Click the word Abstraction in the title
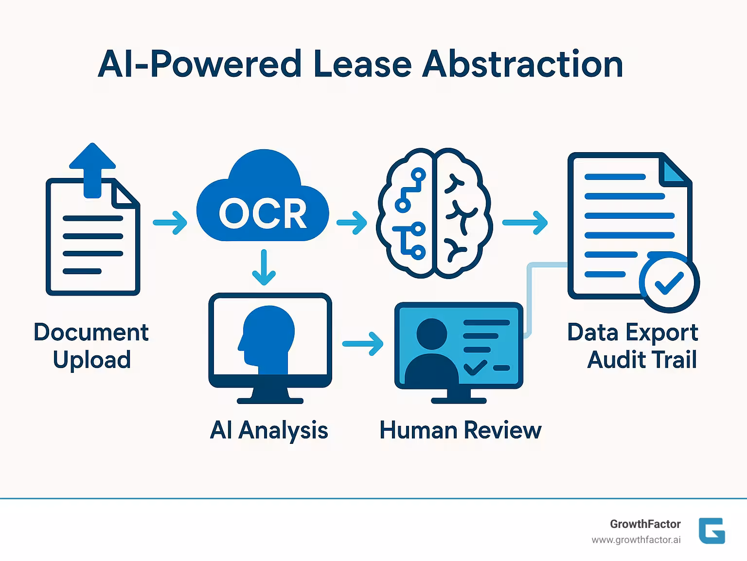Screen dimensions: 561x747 pos(522,64)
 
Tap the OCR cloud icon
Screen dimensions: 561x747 pos(263,204)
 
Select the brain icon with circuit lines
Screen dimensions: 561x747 pos(434,213)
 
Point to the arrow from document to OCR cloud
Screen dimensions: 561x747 pos(170,223)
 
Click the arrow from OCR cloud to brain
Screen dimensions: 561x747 pos(352,223)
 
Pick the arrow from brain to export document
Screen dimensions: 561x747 pos(525,223)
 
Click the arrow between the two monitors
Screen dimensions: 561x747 pos(362,344)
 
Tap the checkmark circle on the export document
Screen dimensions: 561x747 pos(669,282)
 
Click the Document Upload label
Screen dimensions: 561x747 pos(91,346)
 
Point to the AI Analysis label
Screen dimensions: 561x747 pos(269,430)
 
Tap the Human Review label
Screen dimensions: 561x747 pos(460,430)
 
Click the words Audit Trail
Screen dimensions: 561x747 pos(642,360)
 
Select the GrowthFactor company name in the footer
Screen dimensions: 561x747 pos(645,524)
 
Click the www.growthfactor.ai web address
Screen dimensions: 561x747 pos(636,540)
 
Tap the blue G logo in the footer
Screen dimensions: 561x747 pos(711,531)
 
